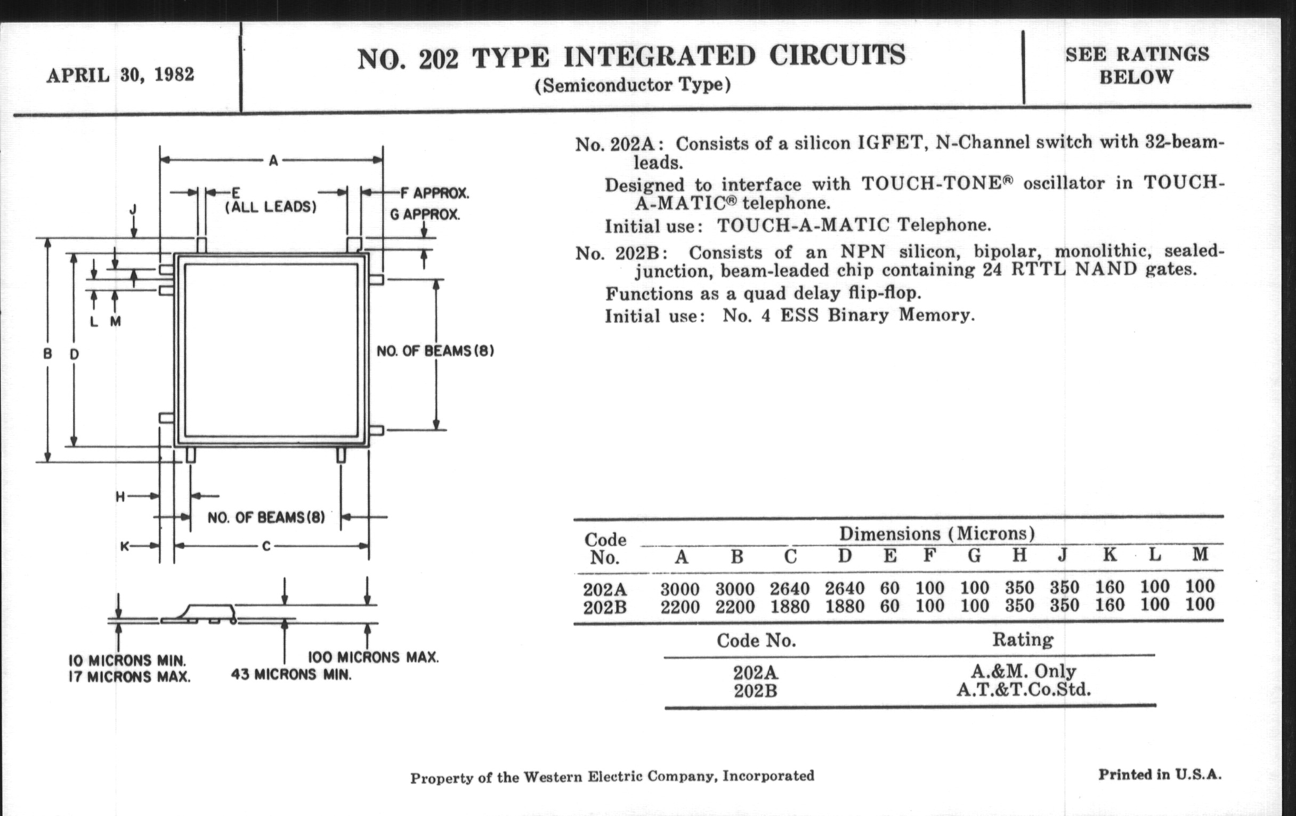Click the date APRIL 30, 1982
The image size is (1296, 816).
click(x=120, y=74)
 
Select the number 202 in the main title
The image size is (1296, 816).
click(x=438, y=59)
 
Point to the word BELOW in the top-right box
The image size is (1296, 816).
click(x=1136, y=77)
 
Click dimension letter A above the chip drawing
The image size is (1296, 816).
click(x=273, y=161)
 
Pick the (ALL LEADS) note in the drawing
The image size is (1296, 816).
click(x=270, y=207)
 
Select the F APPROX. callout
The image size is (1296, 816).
click(x=435, y=193)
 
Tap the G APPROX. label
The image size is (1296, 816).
click(x=425, y=214)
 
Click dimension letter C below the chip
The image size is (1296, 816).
click(x=266, y=546)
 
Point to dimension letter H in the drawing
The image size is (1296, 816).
click(x=120, y=497)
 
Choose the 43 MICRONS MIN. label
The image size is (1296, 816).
click(x=290, y=674)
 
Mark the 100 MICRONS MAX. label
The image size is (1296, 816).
click(x=373, y=657)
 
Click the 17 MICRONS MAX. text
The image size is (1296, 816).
click(x=129, y=676)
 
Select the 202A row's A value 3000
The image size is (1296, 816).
click(x=680, y=589)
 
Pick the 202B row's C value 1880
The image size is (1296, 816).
click(x=790, y=607)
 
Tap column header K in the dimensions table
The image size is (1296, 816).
click(x=1109, y=555)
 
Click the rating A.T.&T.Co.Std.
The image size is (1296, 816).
click(x=1023, y=690)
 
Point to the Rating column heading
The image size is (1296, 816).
click(x=1023, y=640)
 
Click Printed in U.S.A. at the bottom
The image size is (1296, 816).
click(x=1160, y=774)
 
